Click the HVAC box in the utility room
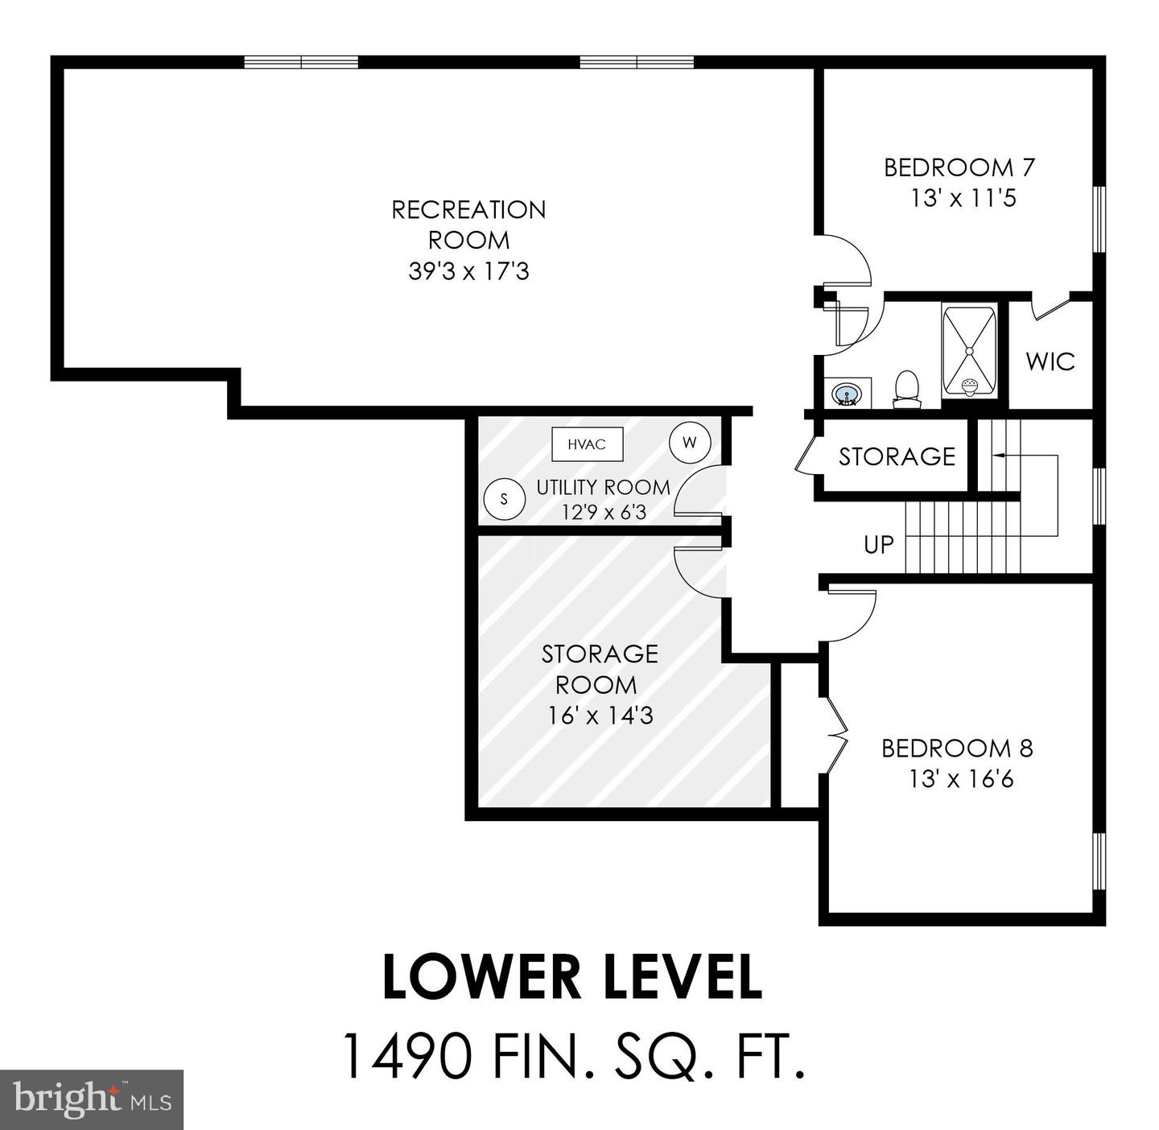click(x=587, y=444)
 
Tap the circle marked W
click(x=690, y=442)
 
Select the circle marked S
click(x=505, y=499)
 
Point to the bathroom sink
click(x=846, y=394)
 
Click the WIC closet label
click(x=1050, y=361)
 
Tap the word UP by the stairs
click(x=879, y=545)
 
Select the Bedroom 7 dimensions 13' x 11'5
click(x=963, y=198)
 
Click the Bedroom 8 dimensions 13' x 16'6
click(x=961, y=779)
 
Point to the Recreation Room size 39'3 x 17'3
click(x=468, y=271)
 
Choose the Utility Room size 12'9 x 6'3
click(x=604, y=512)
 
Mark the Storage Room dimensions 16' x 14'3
click(x=600, y=715)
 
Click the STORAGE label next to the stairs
click(x=897, y=456)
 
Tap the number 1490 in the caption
click(x=407, y=1056)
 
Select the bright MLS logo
click(x=92, y=1099)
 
